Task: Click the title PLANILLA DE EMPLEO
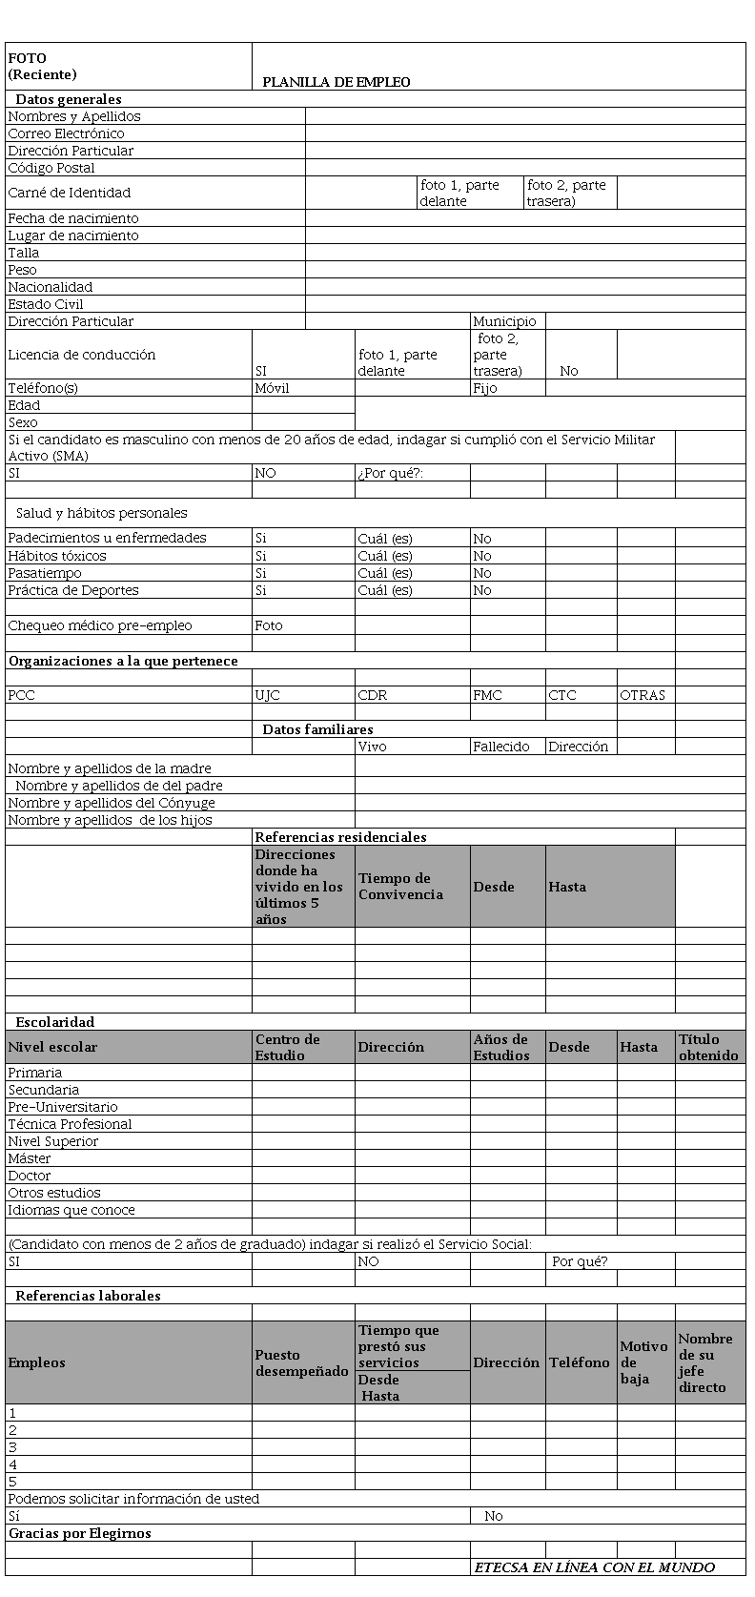(337, 83)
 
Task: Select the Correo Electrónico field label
(66, 133)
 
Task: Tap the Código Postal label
(51, 168)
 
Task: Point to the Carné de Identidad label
(69, 193)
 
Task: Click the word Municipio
(504, 321)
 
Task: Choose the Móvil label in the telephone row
(272, 388)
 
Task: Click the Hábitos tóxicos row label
(57, 556)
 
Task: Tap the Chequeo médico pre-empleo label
(100, 625)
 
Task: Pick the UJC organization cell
(268, 695)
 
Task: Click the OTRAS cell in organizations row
(643, 695)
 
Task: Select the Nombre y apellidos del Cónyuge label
(112, 803)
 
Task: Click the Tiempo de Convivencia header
(400, 887)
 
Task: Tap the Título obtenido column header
(708, 1047)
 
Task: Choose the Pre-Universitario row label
(63, 1107)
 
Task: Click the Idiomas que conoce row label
(71, 1210)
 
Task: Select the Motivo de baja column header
(643, 1362)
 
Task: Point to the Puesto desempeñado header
(301, 1362)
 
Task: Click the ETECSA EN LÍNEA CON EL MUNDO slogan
(595, 1567)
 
